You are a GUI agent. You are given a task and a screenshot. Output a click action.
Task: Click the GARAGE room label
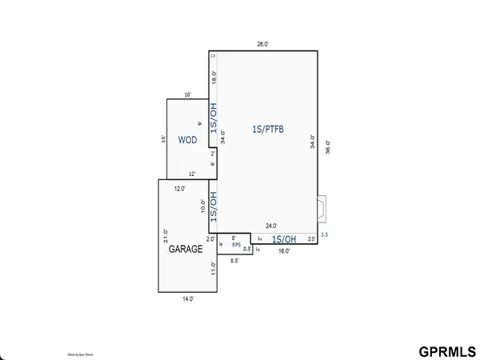point(185,249)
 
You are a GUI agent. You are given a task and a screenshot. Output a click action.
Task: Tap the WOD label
point(187,139)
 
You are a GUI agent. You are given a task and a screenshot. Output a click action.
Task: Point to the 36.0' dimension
point(327,147)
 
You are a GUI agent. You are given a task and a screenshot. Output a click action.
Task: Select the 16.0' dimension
point(284,250)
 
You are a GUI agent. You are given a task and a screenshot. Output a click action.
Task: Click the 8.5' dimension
point(234,262)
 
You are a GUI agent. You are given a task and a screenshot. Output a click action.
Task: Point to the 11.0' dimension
point(214,268)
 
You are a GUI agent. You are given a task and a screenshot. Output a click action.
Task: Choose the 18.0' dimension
point(214,77)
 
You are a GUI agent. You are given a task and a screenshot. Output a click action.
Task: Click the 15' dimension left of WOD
point(162,138)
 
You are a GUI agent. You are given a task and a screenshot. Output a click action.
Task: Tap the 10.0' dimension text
point(202,205)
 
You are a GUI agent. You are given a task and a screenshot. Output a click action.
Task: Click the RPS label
point(236,244)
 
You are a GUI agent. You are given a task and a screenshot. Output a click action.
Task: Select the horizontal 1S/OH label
point(284,238)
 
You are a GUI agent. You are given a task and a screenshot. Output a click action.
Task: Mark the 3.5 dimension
point(324,234)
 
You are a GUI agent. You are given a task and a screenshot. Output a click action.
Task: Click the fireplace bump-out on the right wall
point(321,210)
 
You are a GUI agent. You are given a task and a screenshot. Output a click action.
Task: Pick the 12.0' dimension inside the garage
point(180,189)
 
